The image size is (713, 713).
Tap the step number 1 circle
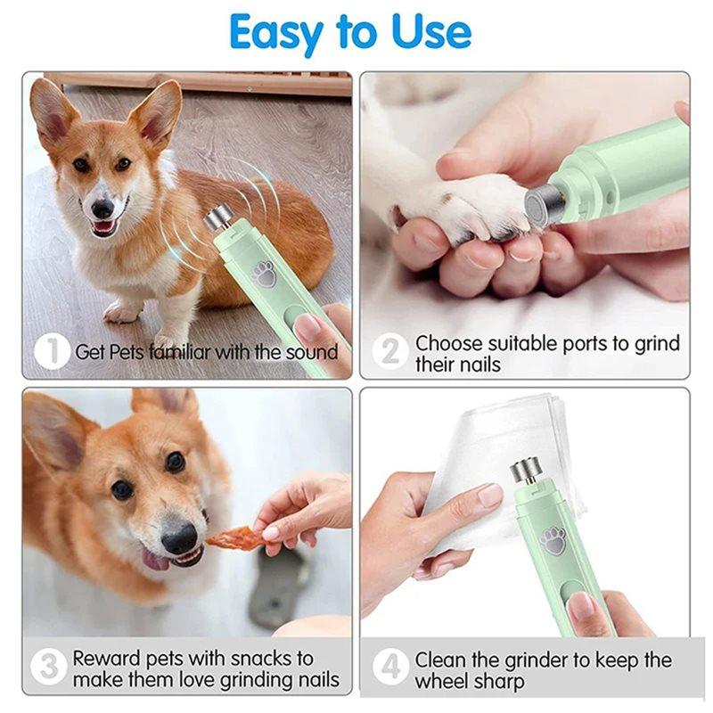(x=52, y=351)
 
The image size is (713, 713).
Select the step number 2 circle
(x=390, y=351)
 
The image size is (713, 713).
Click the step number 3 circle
(x=49, y=668)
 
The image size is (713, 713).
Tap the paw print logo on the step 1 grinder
(x=264, y=273)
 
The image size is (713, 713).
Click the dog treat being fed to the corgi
(x=234, y=537)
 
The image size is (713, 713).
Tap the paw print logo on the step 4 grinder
(x=554, y=539)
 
